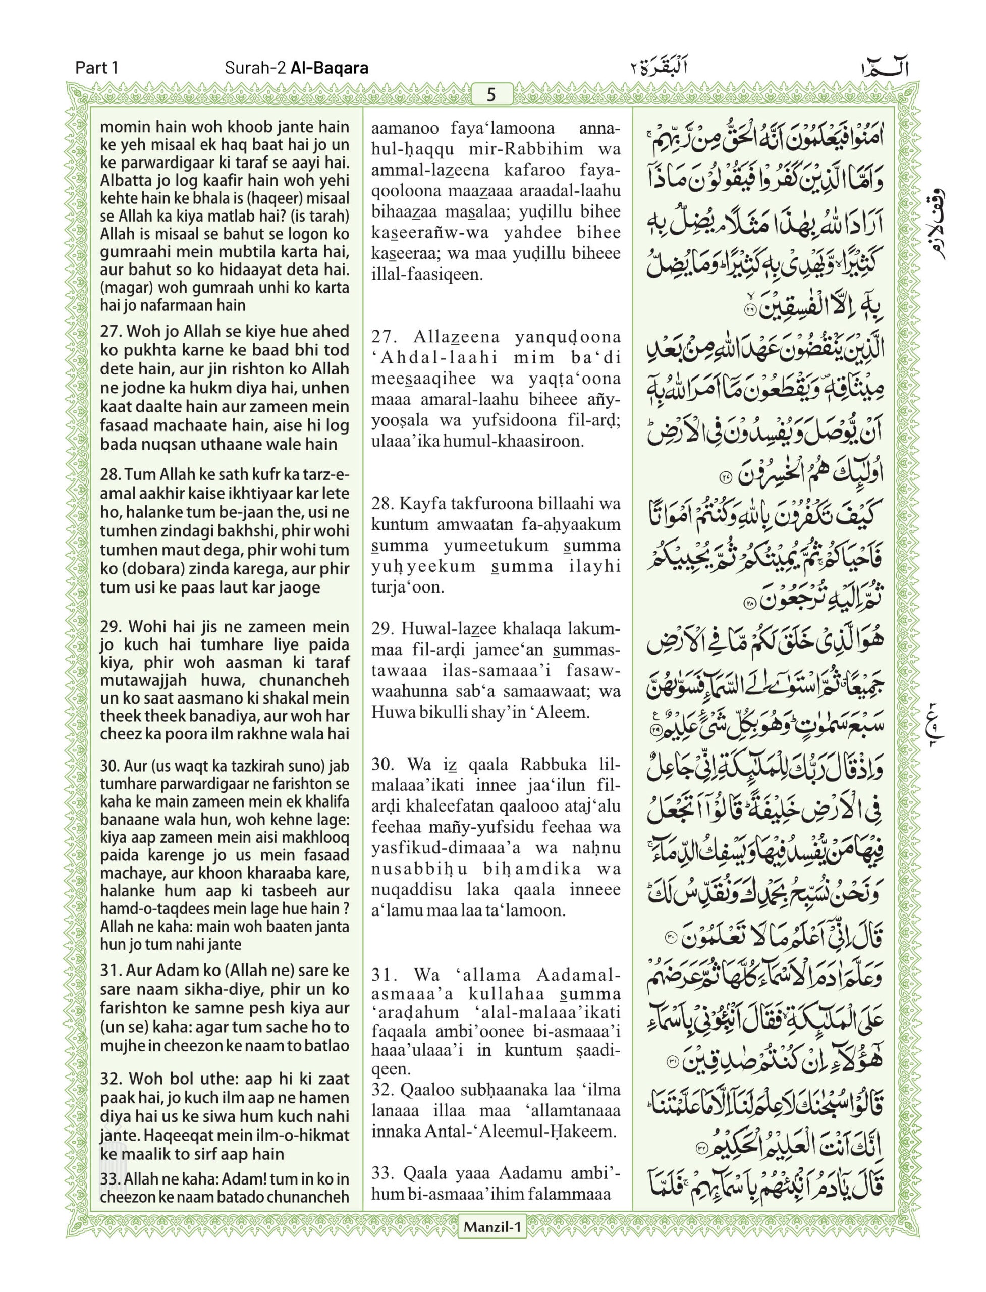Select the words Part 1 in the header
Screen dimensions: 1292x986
click(97, 68)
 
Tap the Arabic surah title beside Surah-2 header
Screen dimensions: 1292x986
click(655, 68)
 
